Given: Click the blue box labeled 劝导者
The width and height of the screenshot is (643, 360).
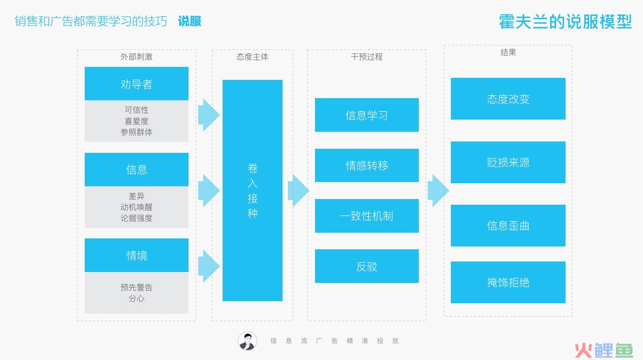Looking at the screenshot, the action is pyautogui.click(x=136, y=84).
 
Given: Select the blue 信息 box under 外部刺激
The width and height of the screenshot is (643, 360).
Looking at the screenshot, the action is pyautogui.click(x=136, y=169).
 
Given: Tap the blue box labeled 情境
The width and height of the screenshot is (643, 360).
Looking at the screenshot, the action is pyautogui.click(x=136, y=255).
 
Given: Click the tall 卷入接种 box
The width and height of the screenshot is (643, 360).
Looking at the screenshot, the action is pyautogui.click(x=252, y=190).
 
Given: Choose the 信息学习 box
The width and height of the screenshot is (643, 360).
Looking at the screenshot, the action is pyautogui.click(x=367, y=115).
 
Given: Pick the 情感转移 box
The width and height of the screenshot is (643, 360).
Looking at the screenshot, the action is pyautogui.click(x=367, y=165).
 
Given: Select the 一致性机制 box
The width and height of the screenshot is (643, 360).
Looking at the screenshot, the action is pyautogui.click(x=367, y=216).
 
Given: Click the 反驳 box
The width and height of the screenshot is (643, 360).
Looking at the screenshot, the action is pyautogui.click(x=367, y=266).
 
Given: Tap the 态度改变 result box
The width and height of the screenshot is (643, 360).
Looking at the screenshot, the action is pyautogui.click(x=508, y=99).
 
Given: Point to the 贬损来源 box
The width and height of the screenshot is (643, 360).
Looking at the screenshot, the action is pyautogui.click(x=508, y=162).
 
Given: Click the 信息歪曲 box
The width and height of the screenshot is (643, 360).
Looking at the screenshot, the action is pyautogui.click(x=508, y=226).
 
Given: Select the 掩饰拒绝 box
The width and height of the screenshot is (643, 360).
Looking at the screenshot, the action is pyautogui.click(x=508, y=282).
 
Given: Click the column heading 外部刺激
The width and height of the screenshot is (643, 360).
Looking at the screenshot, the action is pyautogui.click(x=136, y=57).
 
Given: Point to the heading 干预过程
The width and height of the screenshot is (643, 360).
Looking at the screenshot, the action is pyautogui.click(x=367, y=57).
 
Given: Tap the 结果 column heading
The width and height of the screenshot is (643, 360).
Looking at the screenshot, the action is pyautogui.click(x=508, y=52).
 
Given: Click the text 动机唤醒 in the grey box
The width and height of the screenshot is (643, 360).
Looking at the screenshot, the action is pyautogui.click(x=136, y=207).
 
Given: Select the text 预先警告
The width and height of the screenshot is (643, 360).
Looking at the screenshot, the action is pyautogui.click(x=136, y=287).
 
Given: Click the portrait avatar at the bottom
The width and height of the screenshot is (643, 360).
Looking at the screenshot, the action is pyautogui.click(x=247, y=341).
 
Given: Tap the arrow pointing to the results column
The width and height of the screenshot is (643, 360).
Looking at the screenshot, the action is pyautogui.click(x=438, y=190).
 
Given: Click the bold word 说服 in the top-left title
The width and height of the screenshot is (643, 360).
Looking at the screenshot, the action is pyautogui.click(x=189, y=21).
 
